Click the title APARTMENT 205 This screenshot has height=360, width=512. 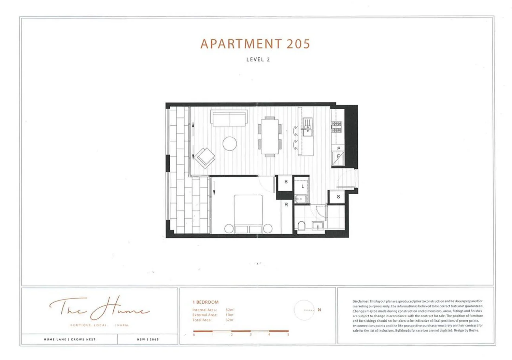(255, 44)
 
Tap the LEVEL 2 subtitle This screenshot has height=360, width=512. (258, 59)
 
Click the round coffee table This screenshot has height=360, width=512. (230, 143)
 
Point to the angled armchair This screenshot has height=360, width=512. (205, 158)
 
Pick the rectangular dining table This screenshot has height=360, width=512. (270, 137)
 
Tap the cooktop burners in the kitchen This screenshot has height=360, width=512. (337, 127)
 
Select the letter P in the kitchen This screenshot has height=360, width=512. (339, 148)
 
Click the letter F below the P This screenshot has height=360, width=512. (338, 156)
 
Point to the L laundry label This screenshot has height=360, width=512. (302, 186)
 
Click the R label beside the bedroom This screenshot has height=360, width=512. (286, 205)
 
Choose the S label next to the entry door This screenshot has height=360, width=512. (338, 197)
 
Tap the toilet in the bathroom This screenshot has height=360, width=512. (302, 226)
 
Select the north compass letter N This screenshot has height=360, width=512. (319, 310)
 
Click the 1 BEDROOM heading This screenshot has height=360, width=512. (205, 302)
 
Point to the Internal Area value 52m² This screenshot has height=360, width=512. (230, 310)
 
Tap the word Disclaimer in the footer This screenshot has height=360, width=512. (360, 301)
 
